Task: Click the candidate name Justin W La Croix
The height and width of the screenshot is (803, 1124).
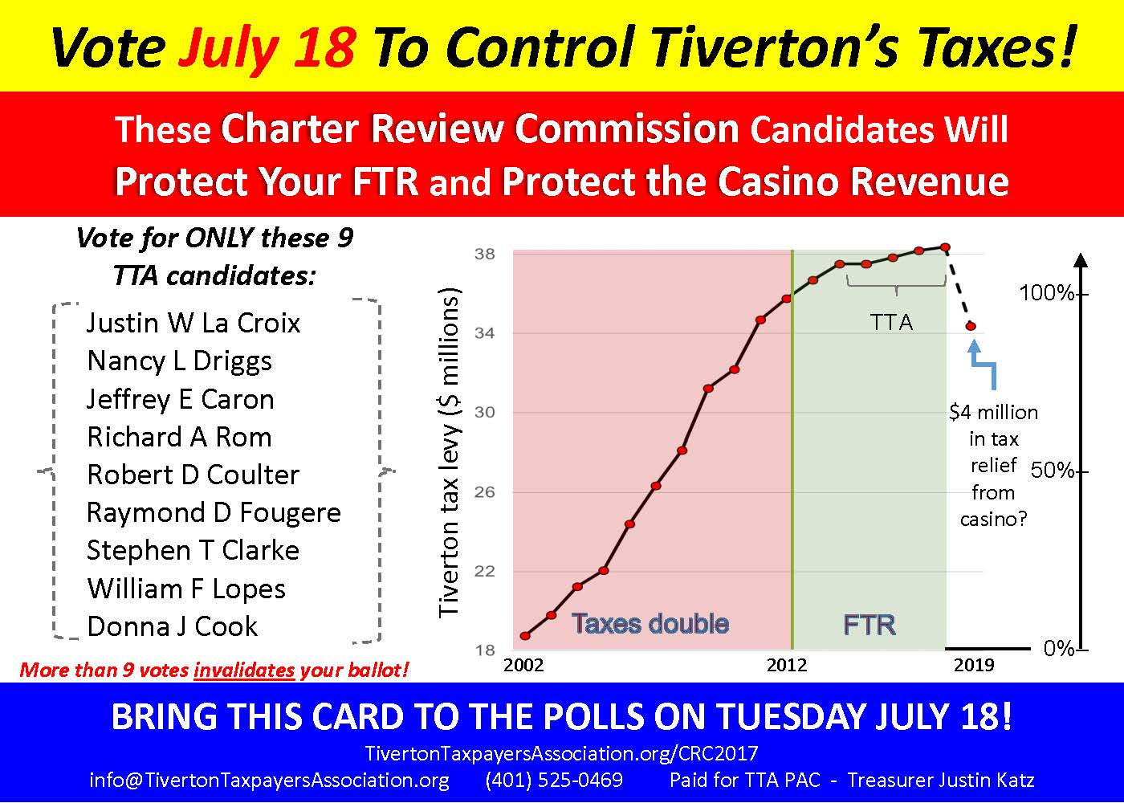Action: (x=193, y=323)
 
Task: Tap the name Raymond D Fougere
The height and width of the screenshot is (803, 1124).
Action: (x=214, y=513)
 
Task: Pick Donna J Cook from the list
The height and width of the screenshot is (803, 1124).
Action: (x=173, y=626)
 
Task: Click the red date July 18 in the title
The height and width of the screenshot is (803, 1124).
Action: (x=267, y=47)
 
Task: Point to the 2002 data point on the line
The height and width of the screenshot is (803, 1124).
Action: (x=525, y=636)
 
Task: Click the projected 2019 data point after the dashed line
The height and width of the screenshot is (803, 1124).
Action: (x=971, y=326)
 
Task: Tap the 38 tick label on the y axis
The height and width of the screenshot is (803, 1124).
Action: (x=485, y=254)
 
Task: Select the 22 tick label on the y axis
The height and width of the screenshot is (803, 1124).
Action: (x=485, y=571)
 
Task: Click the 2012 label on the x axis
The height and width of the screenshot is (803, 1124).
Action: (x=787, y=665)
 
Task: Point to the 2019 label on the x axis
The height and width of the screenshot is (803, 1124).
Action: (x=974, y=665)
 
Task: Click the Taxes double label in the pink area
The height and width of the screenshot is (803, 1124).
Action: (x=650, y=624)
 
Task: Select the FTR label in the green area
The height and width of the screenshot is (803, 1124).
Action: (x=869, y=626)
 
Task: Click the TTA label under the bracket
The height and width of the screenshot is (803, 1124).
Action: (x=892, y=322)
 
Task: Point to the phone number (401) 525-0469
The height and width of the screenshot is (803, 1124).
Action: (x=554, y=780)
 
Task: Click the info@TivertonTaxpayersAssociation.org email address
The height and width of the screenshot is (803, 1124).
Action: (x=269, y=781)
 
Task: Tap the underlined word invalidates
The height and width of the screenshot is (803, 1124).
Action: (x=244, y=670)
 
